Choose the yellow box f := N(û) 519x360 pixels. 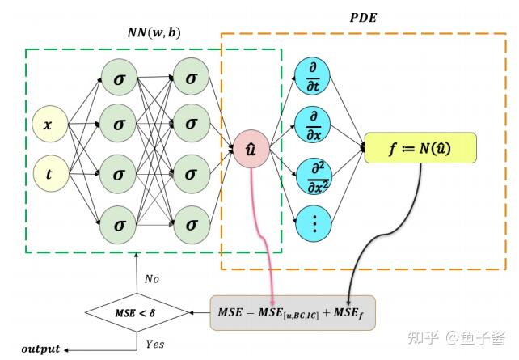pos(420,148)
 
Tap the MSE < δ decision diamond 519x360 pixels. pos(137,312)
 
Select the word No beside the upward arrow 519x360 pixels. pos(152,279)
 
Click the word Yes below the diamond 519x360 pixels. pos(154,344)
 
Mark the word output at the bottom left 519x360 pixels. pos(40,349)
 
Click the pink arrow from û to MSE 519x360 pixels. pos(264,235)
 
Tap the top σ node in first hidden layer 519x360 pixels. pos(119,78)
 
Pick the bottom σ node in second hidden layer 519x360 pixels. pos(191,221)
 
